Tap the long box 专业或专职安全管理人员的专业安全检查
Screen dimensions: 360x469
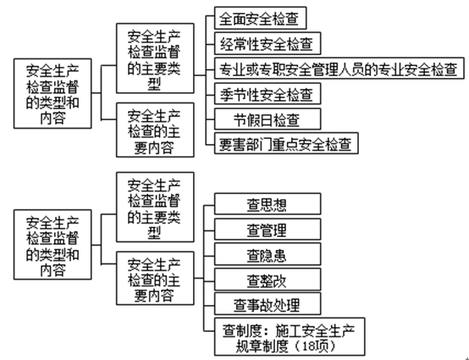click(x=336, y=67)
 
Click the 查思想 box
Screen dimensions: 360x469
click(x=266, y=204)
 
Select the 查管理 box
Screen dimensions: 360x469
click(x=266, y=229)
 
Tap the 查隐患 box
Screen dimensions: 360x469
click(x=266, y=254)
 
